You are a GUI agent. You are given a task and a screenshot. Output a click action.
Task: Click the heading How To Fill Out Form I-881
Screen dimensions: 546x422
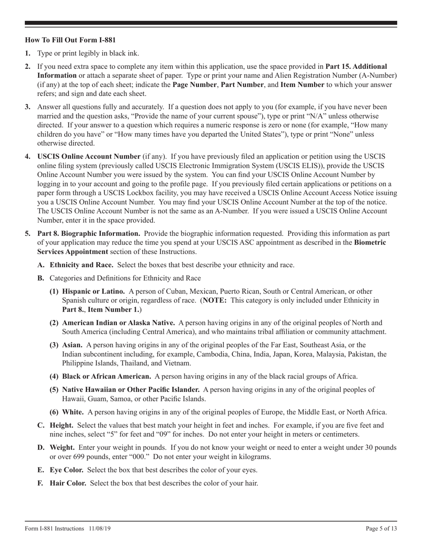[71, 40]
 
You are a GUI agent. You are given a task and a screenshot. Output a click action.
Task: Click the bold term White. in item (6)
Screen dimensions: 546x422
[73, 412]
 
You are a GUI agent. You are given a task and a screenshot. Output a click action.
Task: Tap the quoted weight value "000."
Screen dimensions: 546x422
[182, 457]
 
